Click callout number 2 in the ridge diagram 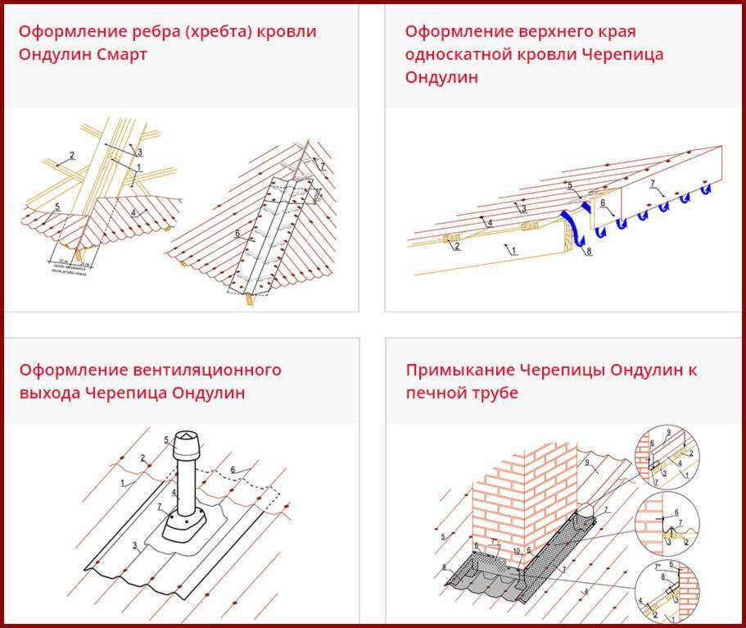[72, 156]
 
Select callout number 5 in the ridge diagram [57, 207]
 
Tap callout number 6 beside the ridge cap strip [237, 234]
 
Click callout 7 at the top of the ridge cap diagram [323, 166]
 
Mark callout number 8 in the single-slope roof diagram [588, 252]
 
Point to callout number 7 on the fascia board [653, 181]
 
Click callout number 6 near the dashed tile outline [233, 470]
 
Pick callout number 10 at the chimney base [517, 550]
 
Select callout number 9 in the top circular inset [669, 432]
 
